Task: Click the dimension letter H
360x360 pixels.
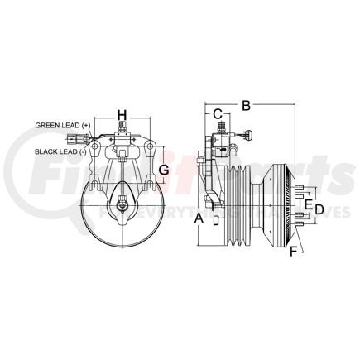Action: click(122, 115)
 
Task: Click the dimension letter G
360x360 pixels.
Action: click(164, 170)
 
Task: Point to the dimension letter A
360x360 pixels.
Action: click(198, 218)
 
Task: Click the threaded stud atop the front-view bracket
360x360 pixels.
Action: click(122, 130)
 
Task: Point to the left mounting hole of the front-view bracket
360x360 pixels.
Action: click(96, 150)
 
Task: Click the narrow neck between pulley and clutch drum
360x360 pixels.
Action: click(257, 204)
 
